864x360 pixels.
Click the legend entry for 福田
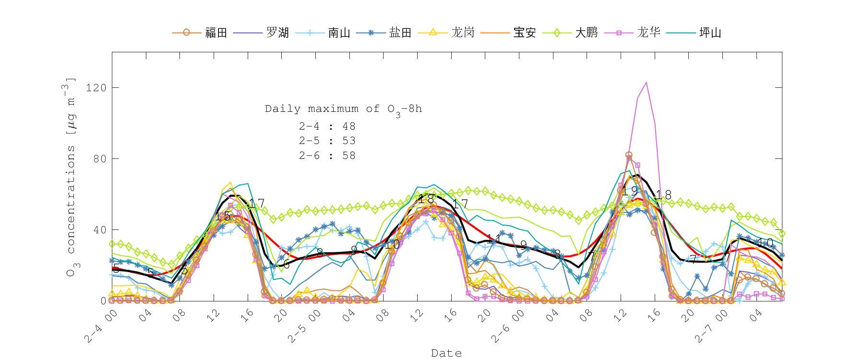(216, 33)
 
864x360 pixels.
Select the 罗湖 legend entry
(277, 33)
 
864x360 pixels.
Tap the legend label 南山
(339, 33)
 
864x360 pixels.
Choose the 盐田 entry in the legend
(400, 33)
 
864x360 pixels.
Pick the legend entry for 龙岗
(463, 33)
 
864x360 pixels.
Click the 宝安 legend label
(524, 33)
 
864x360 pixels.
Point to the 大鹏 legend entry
(586, 33)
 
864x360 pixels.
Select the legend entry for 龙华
(648, 33)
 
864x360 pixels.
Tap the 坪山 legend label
(710, 33)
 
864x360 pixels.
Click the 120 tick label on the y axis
(96, 88)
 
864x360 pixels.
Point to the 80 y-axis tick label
(99, 159)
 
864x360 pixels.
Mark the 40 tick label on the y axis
(99, 230)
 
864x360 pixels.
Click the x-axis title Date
(446, 353)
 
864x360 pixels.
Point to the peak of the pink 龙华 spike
(646, 83)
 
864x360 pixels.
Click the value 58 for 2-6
(349, 156)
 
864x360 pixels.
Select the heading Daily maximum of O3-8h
(343, 109)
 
